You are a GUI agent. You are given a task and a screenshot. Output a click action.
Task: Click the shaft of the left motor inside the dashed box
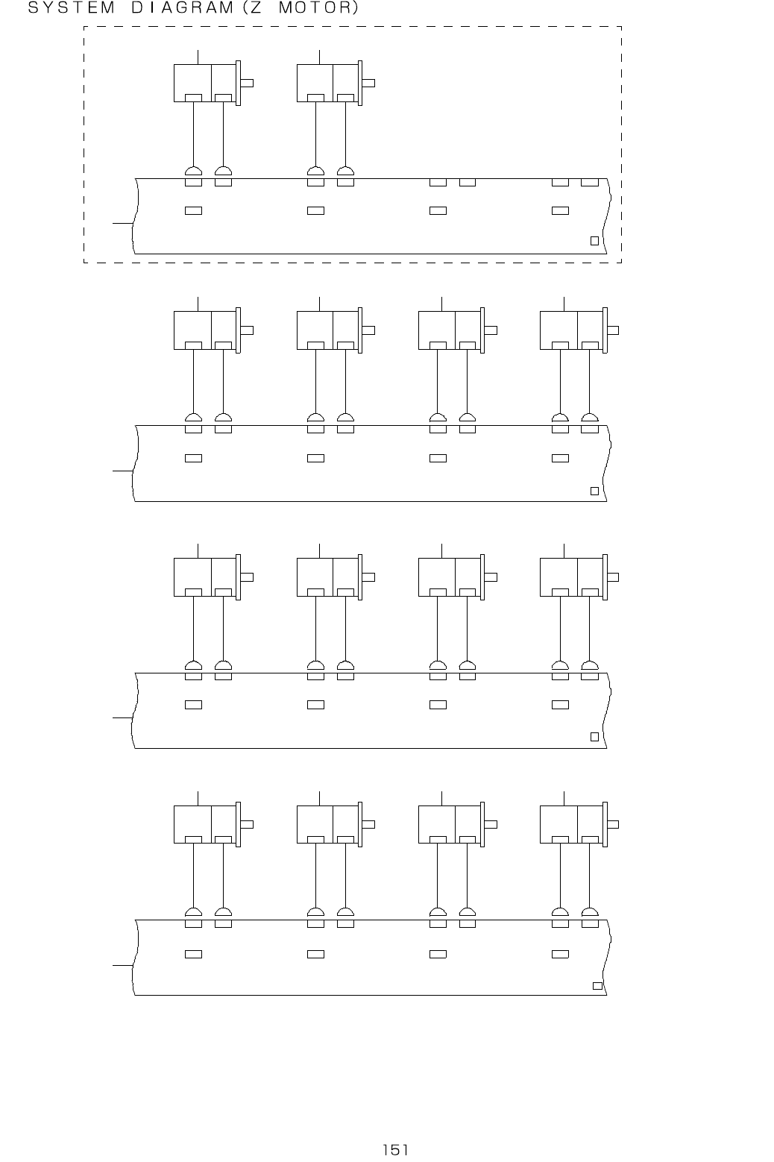pyautogui.click(x=247, y=83)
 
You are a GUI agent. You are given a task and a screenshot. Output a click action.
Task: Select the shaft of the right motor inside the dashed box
pyautogui.click(x=368, y=83)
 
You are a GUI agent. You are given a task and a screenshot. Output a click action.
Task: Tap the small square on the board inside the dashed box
pyautogui.click(x=594, y=240)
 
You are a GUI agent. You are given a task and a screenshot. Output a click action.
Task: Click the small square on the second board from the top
pyautogui.click(x=594, y=490)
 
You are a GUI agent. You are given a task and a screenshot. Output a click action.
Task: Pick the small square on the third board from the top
pyautogui.click(x=594, y=737)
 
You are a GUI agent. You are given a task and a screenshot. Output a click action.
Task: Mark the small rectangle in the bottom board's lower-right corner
pyautogui.click(x=597, y=985)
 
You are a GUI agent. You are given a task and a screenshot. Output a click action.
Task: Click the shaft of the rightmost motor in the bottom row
pyautogui.click(x=613, y=824)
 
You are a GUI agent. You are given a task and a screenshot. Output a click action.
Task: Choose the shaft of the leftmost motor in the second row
pyautogui.click(x=247, y=330)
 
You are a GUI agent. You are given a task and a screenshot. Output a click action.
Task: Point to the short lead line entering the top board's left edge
pyautogui.click(x=122, y=222)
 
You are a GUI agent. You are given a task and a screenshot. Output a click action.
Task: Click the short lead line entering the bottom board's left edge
pyautogui.click(x=122, y=966)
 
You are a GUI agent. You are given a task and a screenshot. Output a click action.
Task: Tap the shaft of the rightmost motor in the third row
pyautogui.click(x=613, y=577)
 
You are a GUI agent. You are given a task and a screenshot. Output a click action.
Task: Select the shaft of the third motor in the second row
pyautogui.click(x=491, y=330)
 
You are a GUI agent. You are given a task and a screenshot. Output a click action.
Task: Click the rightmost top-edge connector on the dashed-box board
pyautogui.click(x=590, y=182)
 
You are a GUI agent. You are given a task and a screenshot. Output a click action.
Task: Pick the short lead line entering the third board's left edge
pyautogui.click(x=122, y=717)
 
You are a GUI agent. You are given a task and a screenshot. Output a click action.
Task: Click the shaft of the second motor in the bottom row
pyautogui.click(x=368, y=824)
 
